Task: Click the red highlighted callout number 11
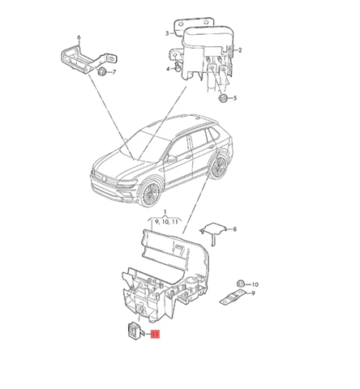click(155, 334)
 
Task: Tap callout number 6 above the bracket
click(79, 37)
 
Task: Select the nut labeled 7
click(102, 71)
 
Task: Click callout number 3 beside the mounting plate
click(167, 33)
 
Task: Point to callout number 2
click(240, 50)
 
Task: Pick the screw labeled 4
click(178, 66)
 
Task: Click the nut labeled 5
click(223, 99)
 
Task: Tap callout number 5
click(235, 98)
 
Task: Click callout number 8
click(234, 229)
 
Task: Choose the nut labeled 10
click(240, 284)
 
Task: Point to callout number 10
click(255, 284)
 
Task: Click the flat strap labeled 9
click(233, 297)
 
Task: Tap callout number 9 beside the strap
click(253, 293)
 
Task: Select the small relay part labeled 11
click(135, 330)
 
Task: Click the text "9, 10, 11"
click(166, 222)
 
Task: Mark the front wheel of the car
click(150, 194)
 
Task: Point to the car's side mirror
click(171, 159)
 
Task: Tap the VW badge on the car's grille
click(104, 177)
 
